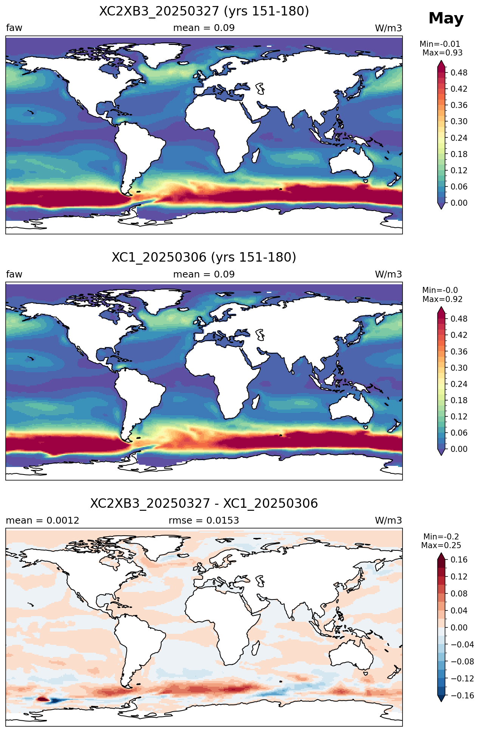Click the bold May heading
(x=446, y=18)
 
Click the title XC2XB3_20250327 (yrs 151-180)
(x=204, y=11)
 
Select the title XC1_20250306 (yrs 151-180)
(x=204, y=257)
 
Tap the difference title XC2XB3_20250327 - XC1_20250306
(x=204, y=504)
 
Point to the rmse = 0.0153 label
(x=204, y=521)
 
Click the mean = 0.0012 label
(x=43, y=521)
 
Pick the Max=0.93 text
(x=443, y=53)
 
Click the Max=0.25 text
(x=441, y=546)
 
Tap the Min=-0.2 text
(x=441, y=536)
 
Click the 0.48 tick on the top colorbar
(x=459, y=73)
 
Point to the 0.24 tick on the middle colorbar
(x=459, y=384)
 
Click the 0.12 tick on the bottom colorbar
(x=459, y=577)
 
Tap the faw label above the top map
(x=14, y=28)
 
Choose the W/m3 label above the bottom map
(x=389, y=521)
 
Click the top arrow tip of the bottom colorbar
(x=441, y=553)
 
